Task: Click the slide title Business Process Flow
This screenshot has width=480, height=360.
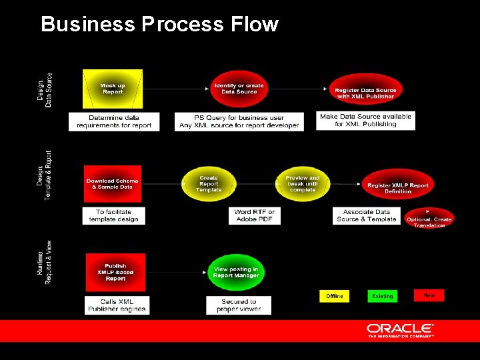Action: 159,24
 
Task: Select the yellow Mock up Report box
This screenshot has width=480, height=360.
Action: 113,89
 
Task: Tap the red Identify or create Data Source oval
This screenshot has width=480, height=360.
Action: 239,89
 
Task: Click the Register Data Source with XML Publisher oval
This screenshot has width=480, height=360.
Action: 365,93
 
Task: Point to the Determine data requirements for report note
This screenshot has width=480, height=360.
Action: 114,121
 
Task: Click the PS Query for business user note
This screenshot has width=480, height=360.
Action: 239,121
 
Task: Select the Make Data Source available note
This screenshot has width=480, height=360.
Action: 365,120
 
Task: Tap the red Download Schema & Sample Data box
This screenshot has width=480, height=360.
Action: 113,183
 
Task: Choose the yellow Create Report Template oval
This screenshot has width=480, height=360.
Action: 209,183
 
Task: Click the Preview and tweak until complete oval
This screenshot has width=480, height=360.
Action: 303,183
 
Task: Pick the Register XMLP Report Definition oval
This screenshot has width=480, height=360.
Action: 398,187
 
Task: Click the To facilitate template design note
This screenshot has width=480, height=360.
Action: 113,215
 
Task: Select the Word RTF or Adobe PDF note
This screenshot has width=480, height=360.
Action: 255,215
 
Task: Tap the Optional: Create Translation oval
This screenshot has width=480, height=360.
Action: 429,221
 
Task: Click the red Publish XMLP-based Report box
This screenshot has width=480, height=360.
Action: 115,272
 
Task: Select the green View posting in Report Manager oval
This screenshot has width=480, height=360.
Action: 237,272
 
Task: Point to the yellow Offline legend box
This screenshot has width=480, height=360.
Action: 335,295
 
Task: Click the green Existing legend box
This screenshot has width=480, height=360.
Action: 382,295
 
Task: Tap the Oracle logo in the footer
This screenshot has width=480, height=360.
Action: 400,331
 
